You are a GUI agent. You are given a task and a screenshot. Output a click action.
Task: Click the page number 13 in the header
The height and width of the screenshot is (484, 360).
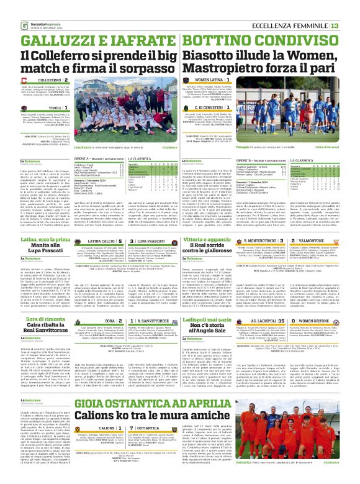(x=351, y=25)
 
